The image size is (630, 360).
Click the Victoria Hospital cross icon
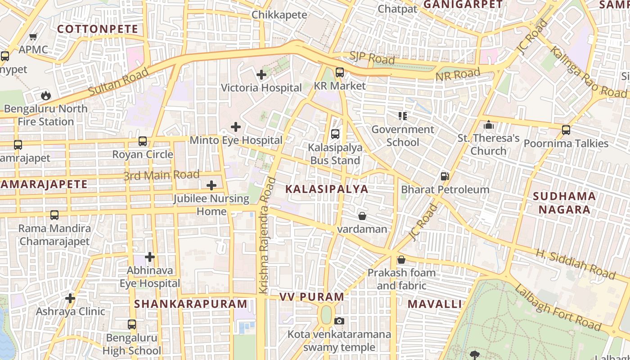[x=261, y=75]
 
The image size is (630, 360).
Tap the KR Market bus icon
[x=340, y=72]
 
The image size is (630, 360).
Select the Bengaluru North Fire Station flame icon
[x=45, y=95]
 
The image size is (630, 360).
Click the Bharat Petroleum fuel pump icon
[x=445, y=176]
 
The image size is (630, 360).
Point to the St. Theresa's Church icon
[x=489, y=125]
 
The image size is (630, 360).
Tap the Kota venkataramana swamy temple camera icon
[x=339, y=321]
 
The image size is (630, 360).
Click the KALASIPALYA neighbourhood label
[x=327, y=189]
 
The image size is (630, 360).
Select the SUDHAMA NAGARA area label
[x=564, y=203]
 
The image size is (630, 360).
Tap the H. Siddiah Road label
[x=575, y=264]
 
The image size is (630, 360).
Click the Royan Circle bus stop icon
[x=143, y=141]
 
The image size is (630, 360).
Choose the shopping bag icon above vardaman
[x=362, y=216]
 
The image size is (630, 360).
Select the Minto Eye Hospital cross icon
[x=235, y=127]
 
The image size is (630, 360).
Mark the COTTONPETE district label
[x=98, y=29]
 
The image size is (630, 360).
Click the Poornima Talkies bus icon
[x=566, y=130]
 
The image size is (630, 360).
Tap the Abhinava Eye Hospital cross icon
[x=150, y=257]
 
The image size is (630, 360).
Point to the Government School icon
[x=403, y=116]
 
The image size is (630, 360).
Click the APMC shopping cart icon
[x=33, y=36]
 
